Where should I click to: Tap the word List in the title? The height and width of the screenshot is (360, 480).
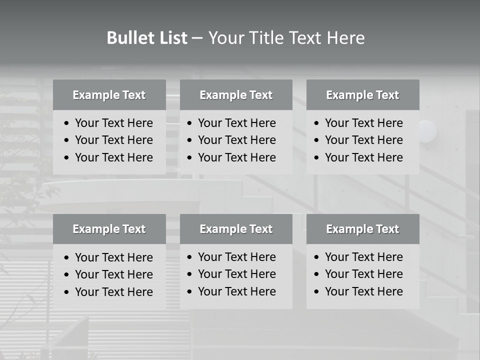point(172,38)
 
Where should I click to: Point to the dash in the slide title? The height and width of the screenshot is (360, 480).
point(197,38)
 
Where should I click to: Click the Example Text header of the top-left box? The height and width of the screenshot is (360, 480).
point(109,95)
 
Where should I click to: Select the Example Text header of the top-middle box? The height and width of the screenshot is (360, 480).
point(236,95)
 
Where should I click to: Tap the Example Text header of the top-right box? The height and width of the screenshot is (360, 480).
point(362,95)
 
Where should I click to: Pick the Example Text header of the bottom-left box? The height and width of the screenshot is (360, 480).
point(109,229)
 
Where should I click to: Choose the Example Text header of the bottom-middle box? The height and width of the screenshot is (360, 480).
point(236,229)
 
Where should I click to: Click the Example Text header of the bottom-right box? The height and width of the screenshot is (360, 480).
point(362,229)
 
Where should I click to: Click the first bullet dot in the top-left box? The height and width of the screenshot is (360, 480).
point(67,123)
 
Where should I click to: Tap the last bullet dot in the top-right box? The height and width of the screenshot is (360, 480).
point(316,158)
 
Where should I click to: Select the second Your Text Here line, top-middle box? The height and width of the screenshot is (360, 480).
point(237,140)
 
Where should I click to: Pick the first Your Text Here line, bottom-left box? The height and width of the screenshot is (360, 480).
point(114,257)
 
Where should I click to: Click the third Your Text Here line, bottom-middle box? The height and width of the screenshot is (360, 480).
point(237,291)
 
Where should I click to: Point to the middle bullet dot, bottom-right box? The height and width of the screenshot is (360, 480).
point(316,274)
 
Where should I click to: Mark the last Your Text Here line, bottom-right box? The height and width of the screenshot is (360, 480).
point(364,291)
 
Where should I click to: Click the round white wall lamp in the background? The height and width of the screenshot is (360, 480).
point(427,131)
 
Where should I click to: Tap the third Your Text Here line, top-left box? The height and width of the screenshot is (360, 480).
point(114,157)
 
